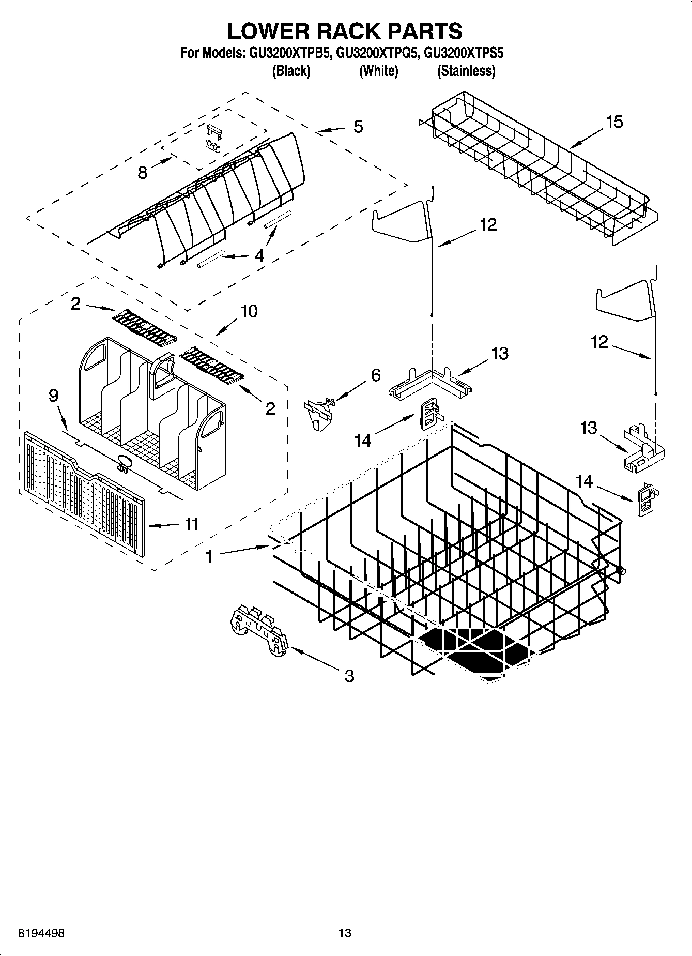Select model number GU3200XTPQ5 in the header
376,52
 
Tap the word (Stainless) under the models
466,71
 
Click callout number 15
614,122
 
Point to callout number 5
358,127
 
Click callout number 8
143,172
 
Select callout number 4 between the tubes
259,255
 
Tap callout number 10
249,311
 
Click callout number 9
53,396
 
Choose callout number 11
192,524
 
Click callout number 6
376,375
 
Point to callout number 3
349,675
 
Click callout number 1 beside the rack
209,556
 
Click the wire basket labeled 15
537,165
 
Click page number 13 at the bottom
345,933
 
